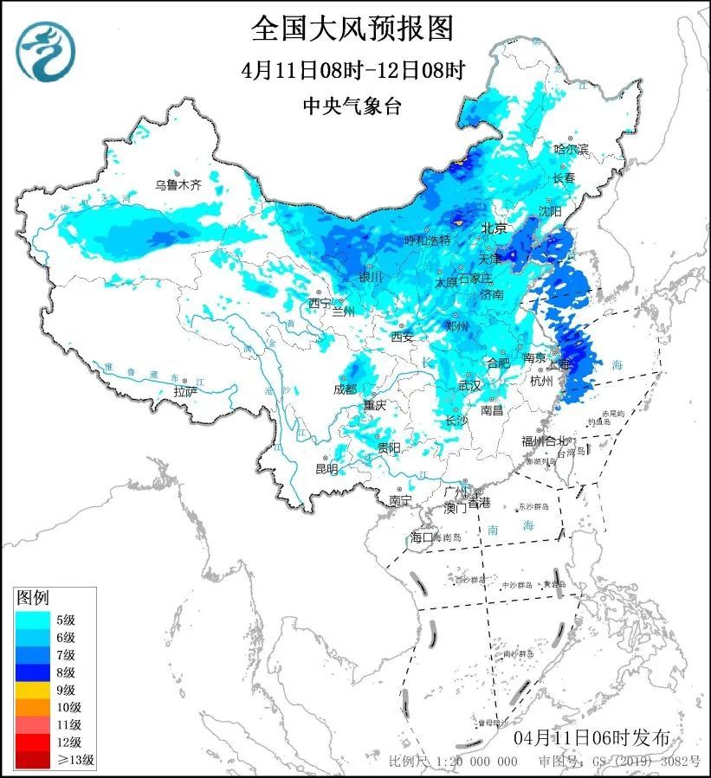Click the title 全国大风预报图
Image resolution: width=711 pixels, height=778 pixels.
pyautogui.click(x=352, y=29)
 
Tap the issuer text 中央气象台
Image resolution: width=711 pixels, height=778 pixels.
pyautogui.click(x=352, y=106)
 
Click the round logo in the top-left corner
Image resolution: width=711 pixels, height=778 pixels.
pyautogui.click(x=46, y=50)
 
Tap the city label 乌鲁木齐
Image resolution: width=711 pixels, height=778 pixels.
pyautogui.click(x=178, y=184)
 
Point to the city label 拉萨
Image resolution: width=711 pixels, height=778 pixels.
pyautogui.click(x=185, y=392)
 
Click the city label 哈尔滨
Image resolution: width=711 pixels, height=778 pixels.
pyautogui.click(x=571, y=149)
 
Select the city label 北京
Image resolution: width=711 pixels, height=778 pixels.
pyautogui.click(x=494, y=228)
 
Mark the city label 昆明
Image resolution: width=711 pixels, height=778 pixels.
pyautogui.click(x=326, y=468)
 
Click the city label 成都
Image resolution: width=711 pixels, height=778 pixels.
pyautogui.click(x=345, y=389)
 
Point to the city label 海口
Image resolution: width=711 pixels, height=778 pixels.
pyautogui.click(x=420, y=537)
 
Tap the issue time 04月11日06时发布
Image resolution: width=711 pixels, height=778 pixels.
pyautogui.click(x=591, y=738)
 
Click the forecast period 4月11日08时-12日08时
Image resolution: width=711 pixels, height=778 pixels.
pyautogui.click(x=352, y=70)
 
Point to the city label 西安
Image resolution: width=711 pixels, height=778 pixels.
pyautogui.click(x=402, y=336)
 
